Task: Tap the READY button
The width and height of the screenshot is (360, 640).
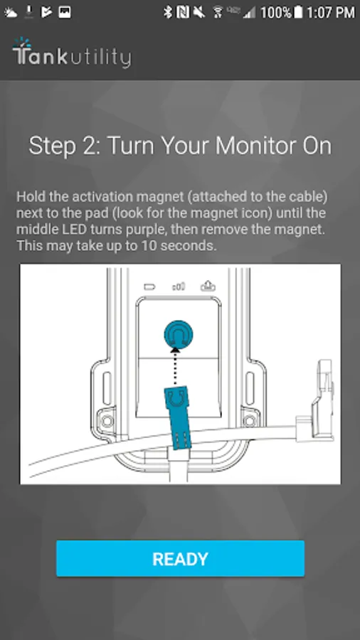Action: click(x=180, y=558)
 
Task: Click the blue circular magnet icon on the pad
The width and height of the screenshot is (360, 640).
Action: click(x=179, y=335)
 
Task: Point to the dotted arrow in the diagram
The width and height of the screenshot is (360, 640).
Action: click(x=176, y=366)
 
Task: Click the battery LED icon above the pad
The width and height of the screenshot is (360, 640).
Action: click(x=149, y=287)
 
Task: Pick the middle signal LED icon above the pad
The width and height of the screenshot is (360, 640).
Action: click(x=179, y=287)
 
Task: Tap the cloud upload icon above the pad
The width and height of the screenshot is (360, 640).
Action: click(x=208, y=286)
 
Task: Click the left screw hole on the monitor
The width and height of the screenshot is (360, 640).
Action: click(x=107, y=420)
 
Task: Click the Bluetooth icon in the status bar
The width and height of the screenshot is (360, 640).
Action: click(x=167, y=12)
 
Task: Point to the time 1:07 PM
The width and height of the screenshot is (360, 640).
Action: click(x=331, y=12)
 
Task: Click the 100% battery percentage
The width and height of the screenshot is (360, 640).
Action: click(x=275, y=12)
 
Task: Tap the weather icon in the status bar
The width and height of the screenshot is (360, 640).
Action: click(x=11, y=13)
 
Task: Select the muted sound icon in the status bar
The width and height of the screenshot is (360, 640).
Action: click(x=198, y=13)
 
